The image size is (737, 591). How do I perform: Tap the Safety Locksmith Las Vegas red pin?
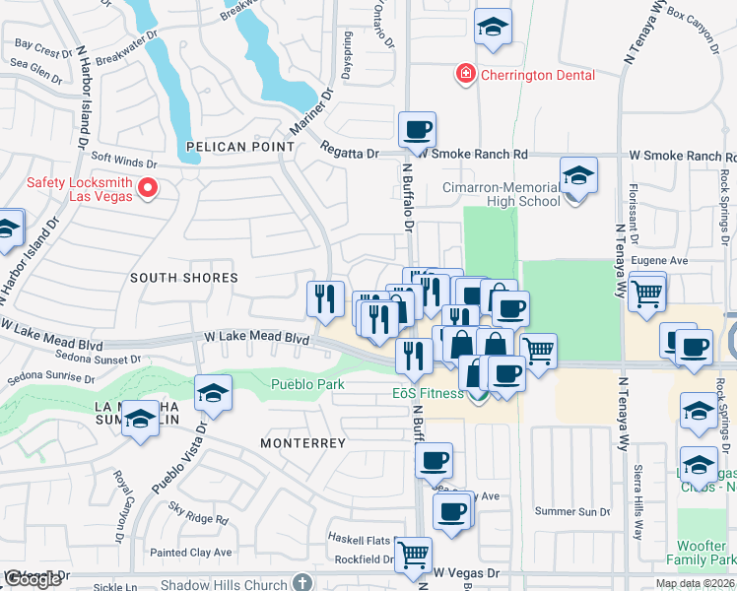pyautogui.click(x=149, y=186)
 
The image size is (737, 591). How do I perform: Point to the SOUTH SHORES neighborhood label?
pyautogui.click(x=184, y=279)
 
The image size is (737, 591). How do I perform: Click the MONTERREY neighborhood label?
pyautogui.click(x=302, y=443)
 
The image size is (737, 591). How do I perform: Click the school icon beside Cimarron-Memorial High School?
pyautogui.click(x=578, y=177)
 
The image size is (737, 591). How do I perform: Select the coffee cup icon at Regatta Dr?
pyautogui.click(x=417, y=129)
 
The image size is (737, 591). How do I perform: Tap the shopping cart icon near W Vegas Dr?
pyautogui.click(x=413, y=553)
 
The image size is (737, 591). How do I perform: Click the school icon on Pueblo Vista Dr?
pyautogui.click(x=213, y=393)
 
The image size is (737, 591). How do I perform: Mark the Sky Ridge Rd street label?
pyautogui.click(x=198, y=517)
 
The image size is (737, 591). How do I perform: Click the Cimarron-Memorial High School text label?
pyautogui.click(x=501, y=193)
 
